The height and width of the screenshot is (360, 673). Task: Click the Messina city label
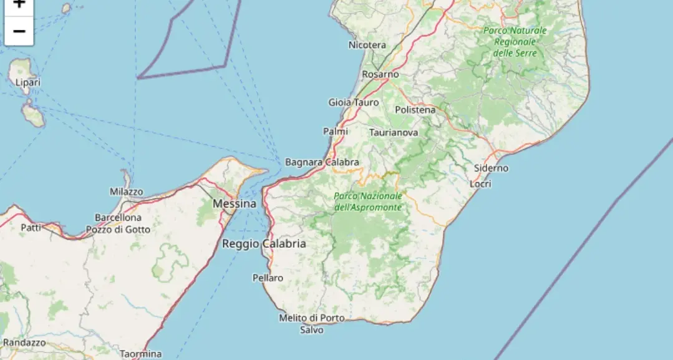click(234, 203)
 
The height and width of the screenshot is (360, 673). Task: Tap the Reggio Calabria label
click(264, 243)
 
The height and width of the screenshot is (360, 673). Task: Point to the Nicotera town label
click(367, 45)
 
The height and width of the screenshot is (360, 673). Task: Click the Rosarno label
click(380, 74)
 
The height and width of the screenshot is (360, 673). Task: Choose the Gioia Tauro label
click(354, 102)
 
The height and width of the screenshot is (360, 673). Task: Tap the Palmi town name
click(336, 131)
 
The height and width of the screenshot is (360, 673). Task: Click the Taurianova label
click(394, 132)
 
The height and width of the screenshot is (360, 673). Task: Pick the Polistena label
click(415, 109)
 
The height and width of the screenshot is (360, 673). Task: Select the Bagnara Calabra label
click(322, 162)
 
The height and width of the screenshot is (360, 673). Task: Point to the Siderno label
click(491, 168)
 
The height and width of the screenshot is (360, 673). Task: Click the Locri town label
click(480, 183)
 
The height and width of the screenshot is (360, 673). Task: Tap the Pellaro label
click(268, 278)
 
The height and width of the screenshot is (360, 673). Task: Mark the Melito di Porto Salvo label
click(311, 323)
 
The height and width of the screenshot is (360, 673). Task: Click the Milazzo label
click(126, 192)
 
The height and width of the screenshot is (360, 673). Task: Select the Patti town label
click(31, 227)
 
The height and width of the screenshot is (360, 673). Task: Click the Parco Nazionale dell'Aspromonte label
click(368, 201)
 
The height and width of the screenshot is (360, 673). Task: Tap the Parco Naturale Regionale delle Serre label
click(515, 41)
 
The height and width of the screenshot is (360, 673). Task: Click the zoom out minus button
click(19, 31)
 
